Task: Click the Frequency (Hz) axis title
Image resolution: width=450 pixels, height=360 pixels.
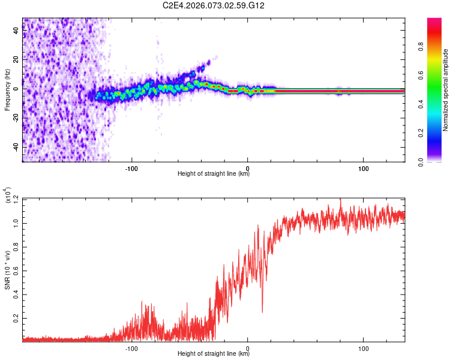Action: coord(7,90)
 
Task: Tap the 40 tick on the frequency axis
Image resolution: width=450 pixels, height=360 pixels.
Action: coord(16,31)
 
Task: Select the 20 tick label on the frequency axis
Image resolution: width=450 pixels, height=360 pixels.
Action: coord(16,60)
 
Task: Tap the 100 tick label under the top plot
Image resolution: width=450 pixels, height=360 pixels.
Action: coord(364,167)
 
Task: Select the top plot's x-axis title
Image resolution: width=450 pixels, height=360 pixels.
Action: coord(214,174)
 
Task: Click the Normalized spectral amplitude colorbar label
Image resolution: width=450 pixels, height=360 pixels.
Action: coord(446,90)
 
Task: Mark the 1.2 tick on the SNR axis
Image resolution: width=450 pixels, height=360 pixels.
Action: coord(16,199)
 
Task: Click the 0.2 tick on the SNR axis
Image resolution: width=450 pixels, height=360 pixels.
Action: coord(16,317)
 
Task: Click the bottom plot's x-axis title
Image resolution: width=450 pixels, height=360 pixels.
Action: coord(214,354)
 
